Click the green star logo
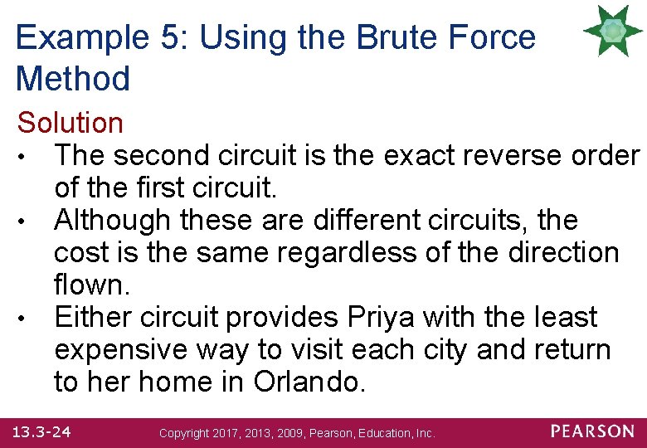coord(613,31)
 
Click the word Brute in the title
coord(375,38)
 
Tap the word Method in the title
coord(73,79)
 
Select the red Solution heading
coord(71,123)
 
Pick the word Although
coord(111,220)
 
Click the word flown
coord(90,285)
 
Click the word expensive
coord(121,349)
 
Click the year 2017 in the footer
coord(227,433)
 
